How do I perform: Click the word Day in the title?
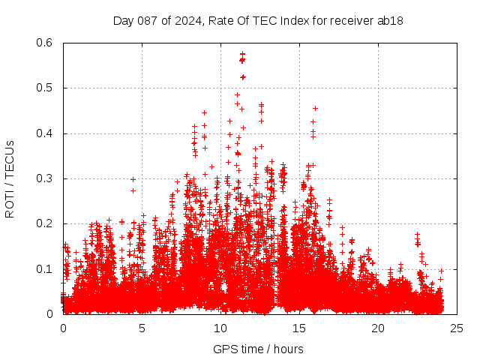click(x=123, y=21)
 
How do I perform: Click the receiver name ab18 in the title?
click(x=390, y=21)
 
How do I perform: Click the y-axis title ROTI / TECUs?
click(x=10, y=178)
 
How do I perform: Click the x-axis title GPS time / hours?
click(x=258, y=349)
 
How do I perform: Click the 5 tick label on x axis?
click(x=142, y=328)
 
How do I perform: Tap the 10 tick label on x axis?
click(x=220, y=328)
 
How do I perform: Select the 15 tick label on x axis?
click(x=299, y=328)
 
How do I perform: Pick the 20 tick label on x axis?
click(x=378, y=328)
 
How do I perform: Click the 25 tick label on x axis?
click(x=457, y=328)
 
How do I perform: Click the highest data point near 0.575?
click(x=242, y=54)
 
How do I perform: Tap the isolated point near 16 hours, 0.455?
click(x=315, y=108)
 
